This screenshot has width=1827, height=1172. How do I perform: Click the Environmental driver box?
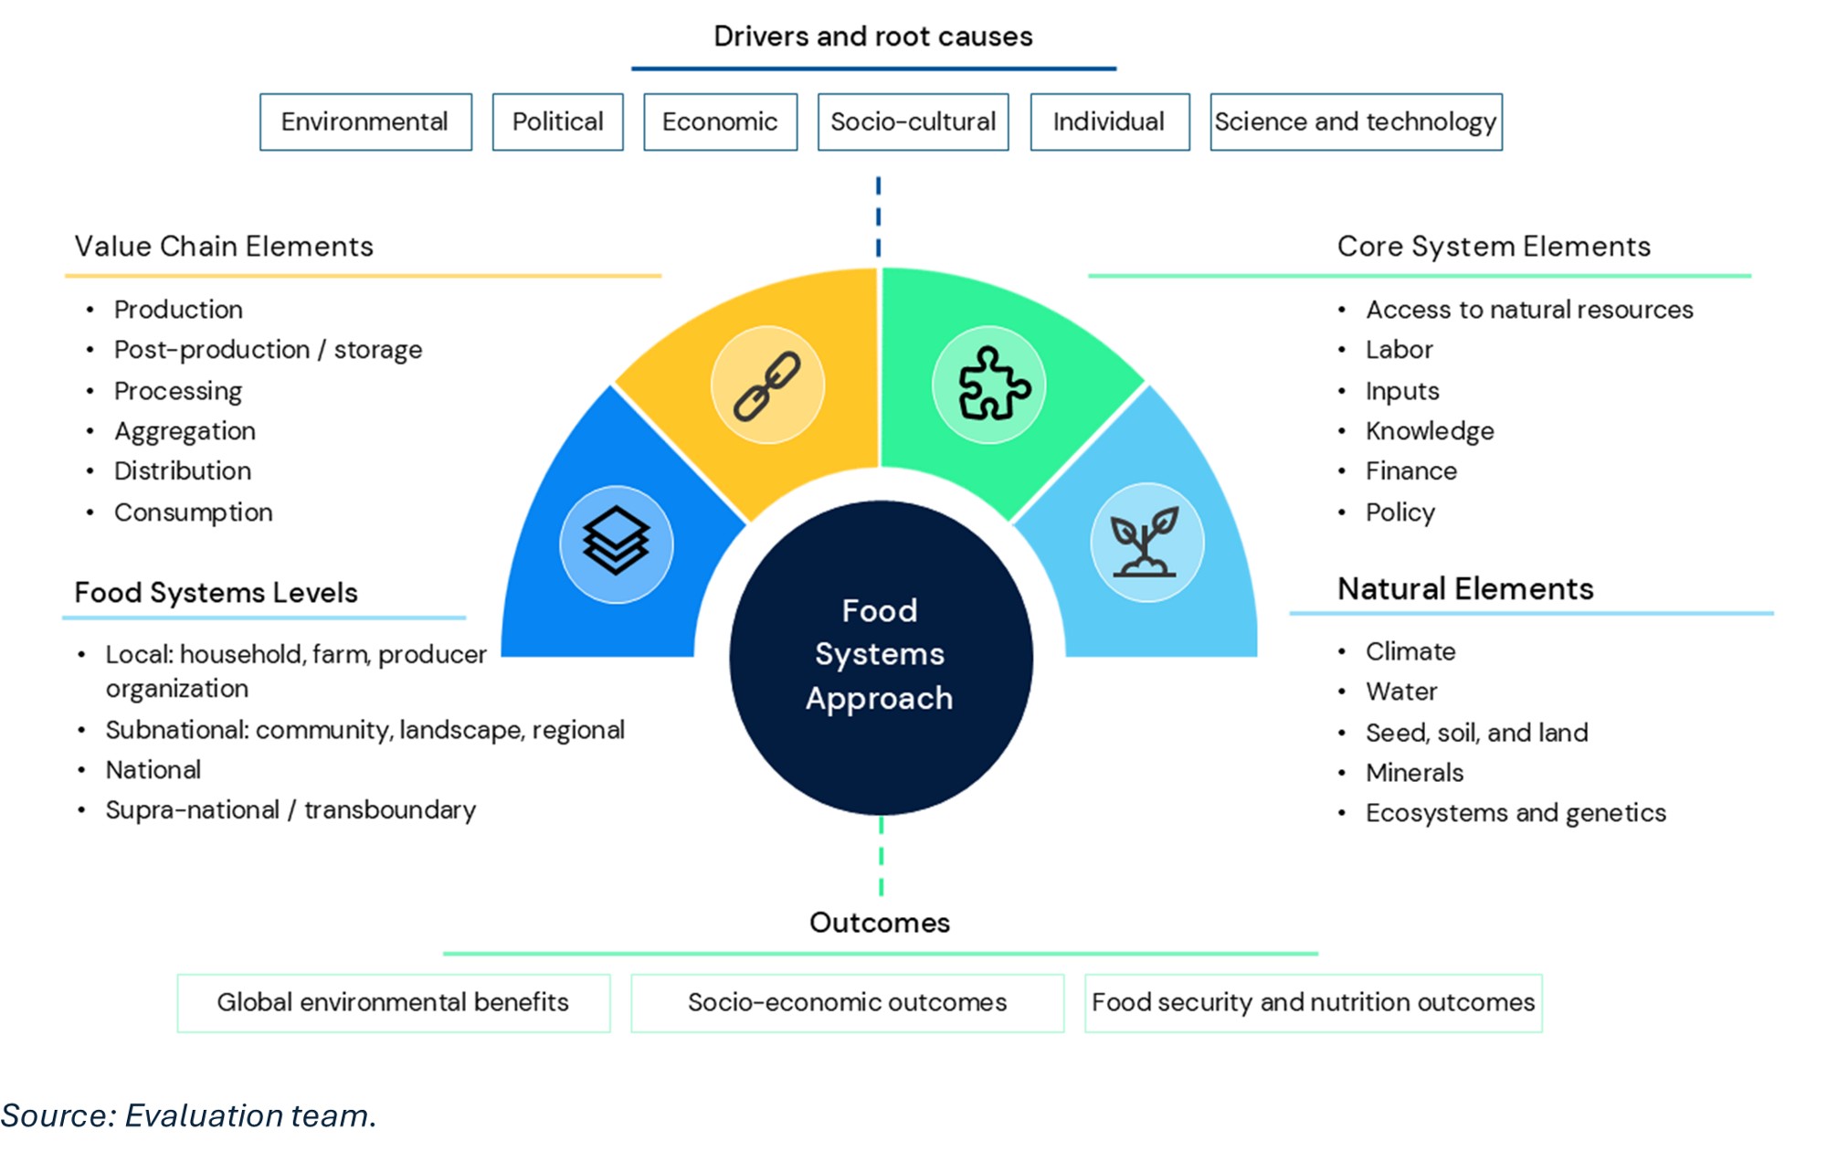tap(365, 121)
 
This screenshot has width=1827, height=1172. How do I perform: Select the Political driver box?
tap(557, 121)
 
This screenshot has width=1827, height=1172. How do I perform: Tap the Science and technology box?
tap(1356, 121)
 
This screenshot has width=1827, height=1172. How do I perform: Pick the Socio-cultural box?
tap(913, 121)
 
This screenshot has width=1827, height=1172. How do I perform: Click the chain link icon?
tap(767, 385)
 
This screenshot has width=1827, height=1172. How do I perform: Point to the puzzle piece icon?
tap(989, 385)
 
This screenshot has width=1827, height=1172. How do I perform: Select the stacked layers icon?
tap(617, 544)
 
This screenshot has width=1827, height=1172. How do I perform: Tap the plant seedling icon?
tap(1146, 543)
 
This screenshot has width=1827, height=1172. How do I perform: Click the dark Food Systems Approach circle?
tap(881, 656)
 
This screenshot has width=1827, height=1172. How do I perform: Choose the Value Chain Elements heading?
tap(224, 247)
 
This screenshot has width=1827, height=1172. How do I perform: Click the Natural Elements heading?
tap(1465, 589)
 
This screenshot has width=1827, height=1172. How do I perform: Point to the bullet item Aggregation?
tap(185, 431)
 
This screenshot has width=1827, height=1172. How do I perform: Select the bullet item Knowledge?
tap(1430, 431)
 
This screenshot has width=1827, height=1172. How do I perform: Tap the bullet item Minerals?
tap(1414, 773)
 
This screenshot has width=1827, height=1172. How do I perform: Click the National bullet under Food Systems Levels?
tap(153, 770)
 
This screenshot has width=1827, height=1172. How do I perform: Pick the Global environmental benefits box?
tap(393, 1003)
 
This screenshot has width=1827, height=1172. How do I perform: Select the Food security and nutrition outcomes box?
tap(1313, 1003)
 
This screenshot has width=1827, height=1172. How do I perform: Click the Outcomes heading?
tap(880, 923)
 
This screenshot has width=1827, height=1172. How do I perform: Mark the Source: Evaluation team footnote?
tap(188, 1115)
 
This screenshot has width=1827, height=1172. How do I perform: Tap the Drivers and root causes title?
tap(872, 37)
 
